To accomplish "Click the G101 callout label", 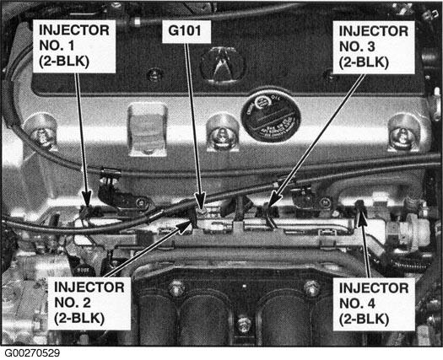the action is [186, 31].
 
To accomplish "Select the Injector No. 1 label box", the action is [74, 46].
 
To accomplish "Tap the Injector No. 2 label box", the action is [89, 304].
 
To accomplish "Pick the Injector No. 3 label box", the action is [374, 47].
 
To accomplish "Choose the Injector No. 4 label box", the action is [374, 304].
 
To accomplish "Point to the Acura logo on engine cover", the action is [224, 65].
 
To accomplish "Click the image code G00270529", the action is [32, 353].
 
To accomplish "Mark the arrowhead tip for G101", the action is [202, 209].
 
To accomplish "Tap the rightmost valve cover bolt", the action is [404, 132].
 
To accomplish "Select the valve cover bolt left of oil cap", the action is [223, 132].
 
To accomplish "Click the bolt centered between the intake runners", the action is [244, 324].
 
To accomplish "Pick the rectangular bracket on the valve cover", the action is [147, 129].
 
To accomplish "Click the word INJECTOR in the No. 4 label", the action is [374, 288].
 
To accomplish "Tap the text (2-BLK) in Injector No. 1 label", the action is [64, 62].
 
